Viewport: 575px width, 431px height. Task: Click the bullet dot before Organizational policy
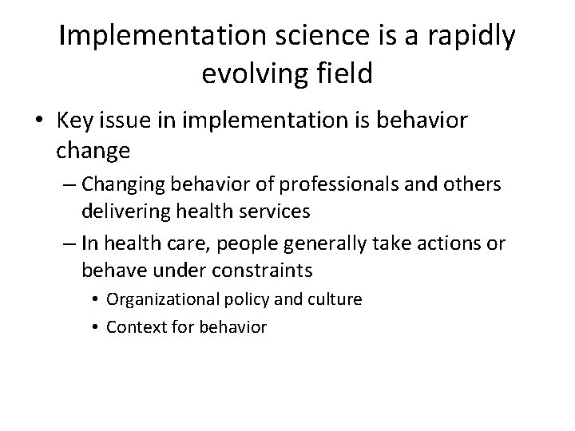[x=95, y=300]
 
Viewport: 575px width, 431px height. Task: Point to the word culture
[x=333, y=300]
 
